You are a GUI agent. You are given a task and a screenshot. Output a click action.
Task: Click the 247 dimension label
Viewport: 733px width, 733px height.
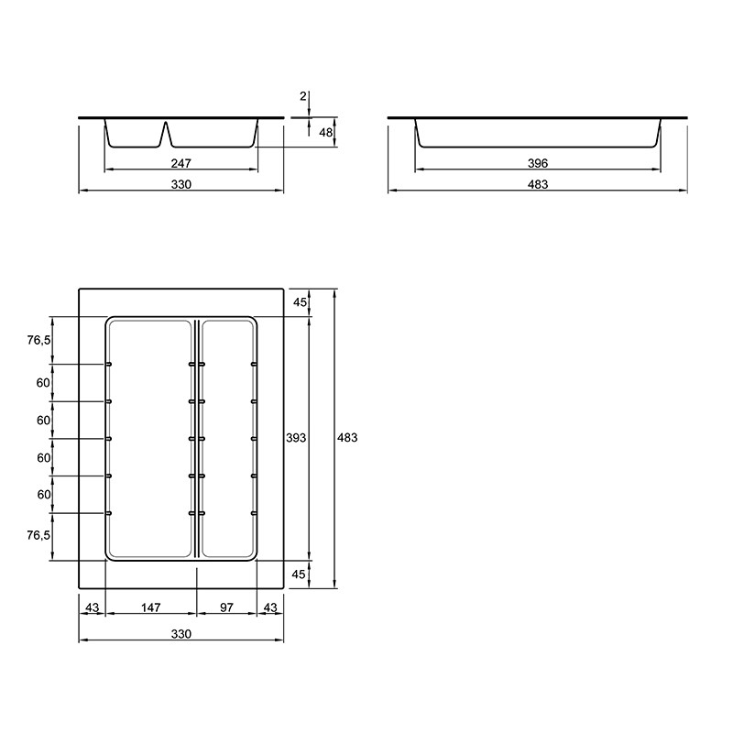coord(181,163)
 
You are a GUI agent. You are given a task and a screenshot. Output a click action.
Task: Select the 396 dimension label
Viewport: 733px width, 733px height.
coord(538,163)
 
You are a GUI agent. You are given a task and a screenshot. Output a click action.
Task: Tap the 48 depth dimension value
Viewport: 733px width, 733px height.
coord(325,132)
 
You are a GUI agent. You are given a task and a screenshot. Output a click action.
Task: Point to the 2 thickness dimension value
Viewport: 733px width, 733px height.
coord(303,96)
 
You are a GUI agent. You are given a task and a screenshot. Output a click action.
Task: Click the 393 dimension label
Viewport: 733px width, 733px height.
coord(296,438)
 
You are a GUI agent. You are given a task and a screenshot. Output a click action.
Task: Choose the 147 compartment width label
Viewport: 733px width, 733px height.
coord(150,607)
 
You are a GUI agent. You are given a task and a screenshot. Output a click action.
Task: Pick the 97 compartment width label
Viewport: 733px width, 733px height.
coord(226,607)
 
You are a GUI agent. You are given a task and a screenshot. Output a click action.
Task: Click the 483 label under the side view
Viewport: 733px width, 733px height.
coord(538,184)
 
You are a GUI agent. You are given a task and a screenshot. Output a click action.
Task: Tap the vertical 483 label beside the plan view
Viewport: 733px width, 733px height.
coord(347,438)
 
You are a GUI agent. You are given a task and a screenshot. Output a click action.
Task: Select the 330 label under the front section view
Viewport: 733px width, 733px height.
coord(181,184)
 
